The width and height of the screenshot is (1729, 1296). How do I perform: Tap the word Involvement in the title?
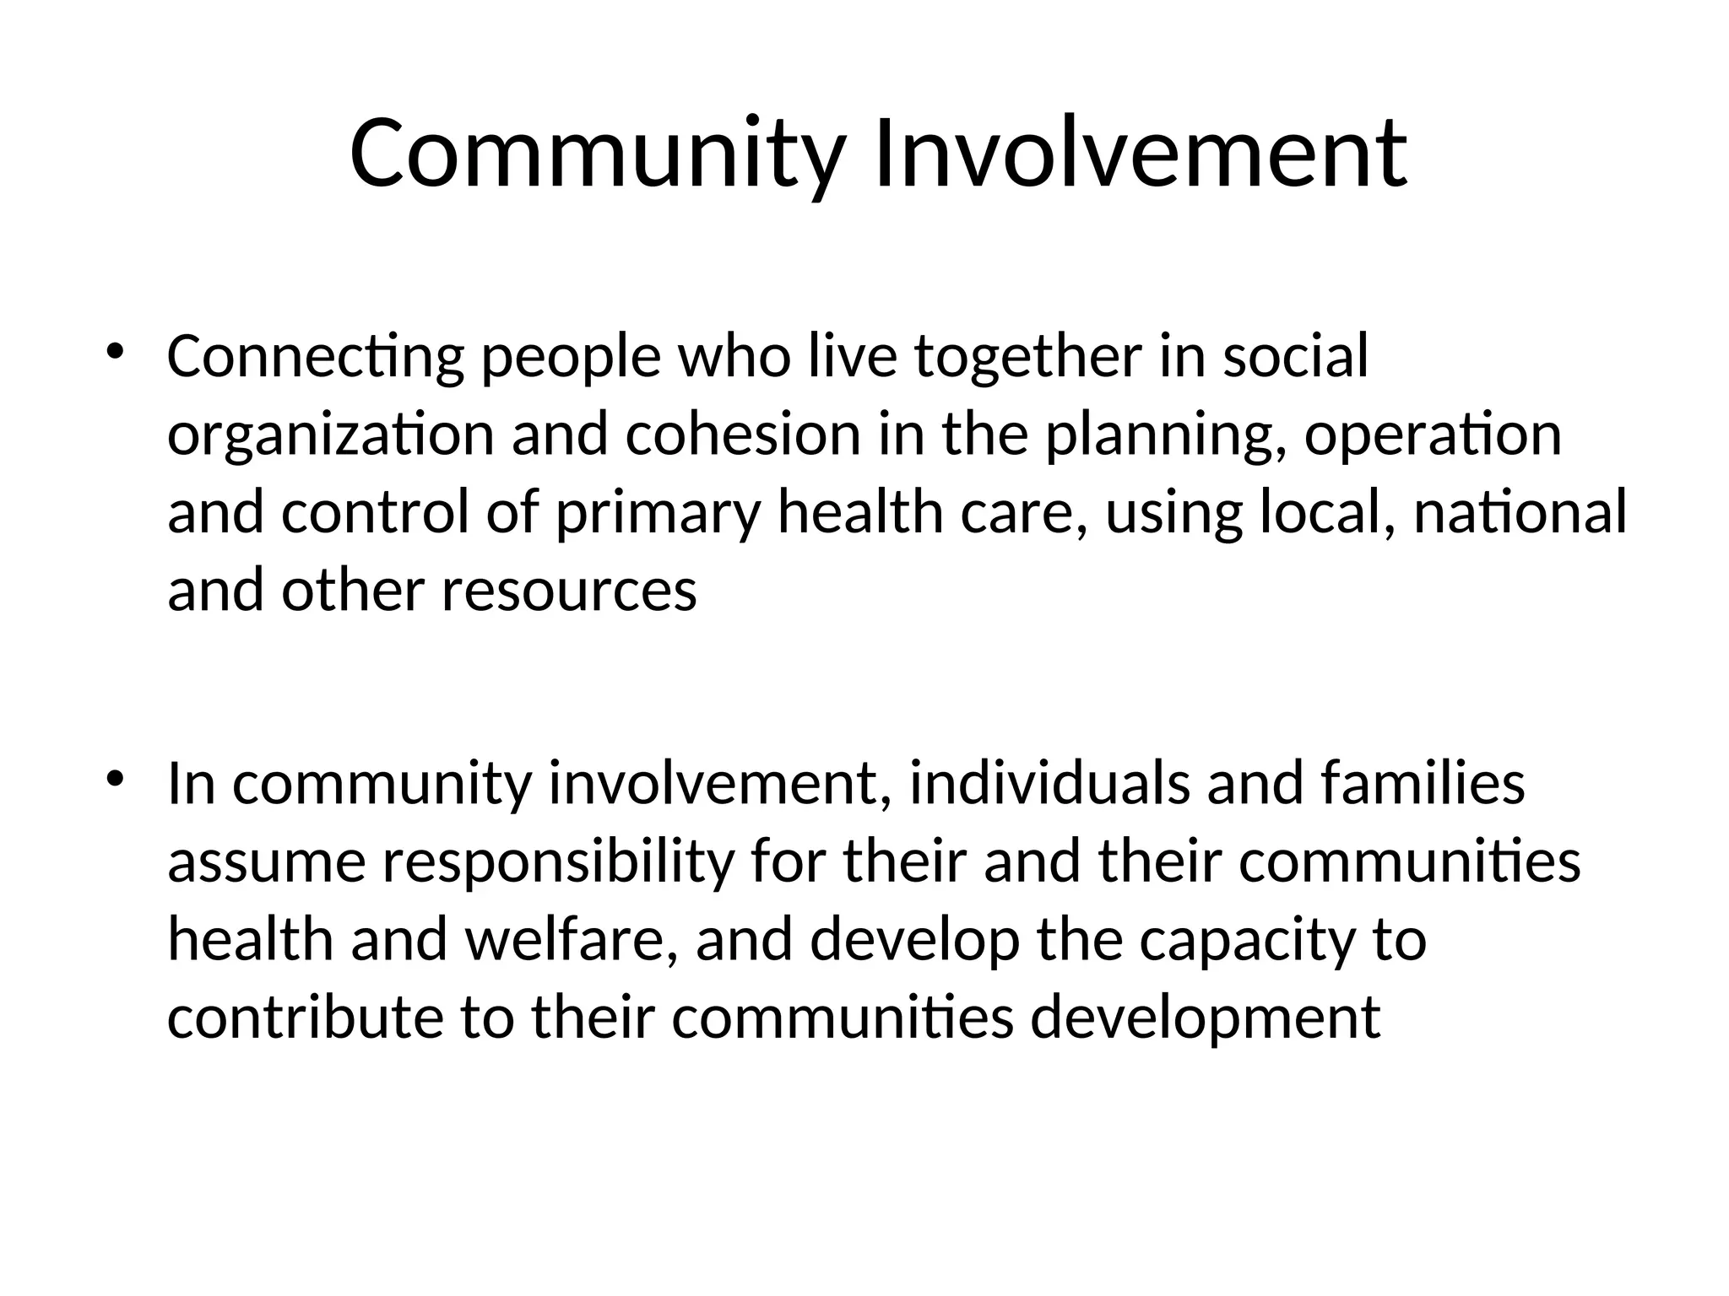(x=1141, y=154)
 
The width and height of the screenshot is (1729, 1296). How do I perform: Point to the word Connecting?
(x=315, y=357)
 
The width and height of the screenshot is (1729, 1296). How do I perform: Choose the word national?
(x=1519, y=512)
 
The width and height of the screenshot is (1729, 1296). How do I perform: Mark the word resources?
(x=569, y=591)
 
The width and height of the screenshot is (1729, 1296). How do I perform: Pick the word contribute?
(x=305, y=1018)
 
